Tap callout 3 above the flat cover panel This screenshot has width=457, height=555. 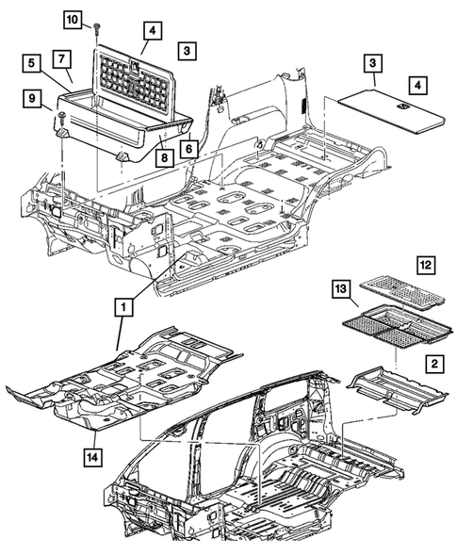[374, 65]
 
